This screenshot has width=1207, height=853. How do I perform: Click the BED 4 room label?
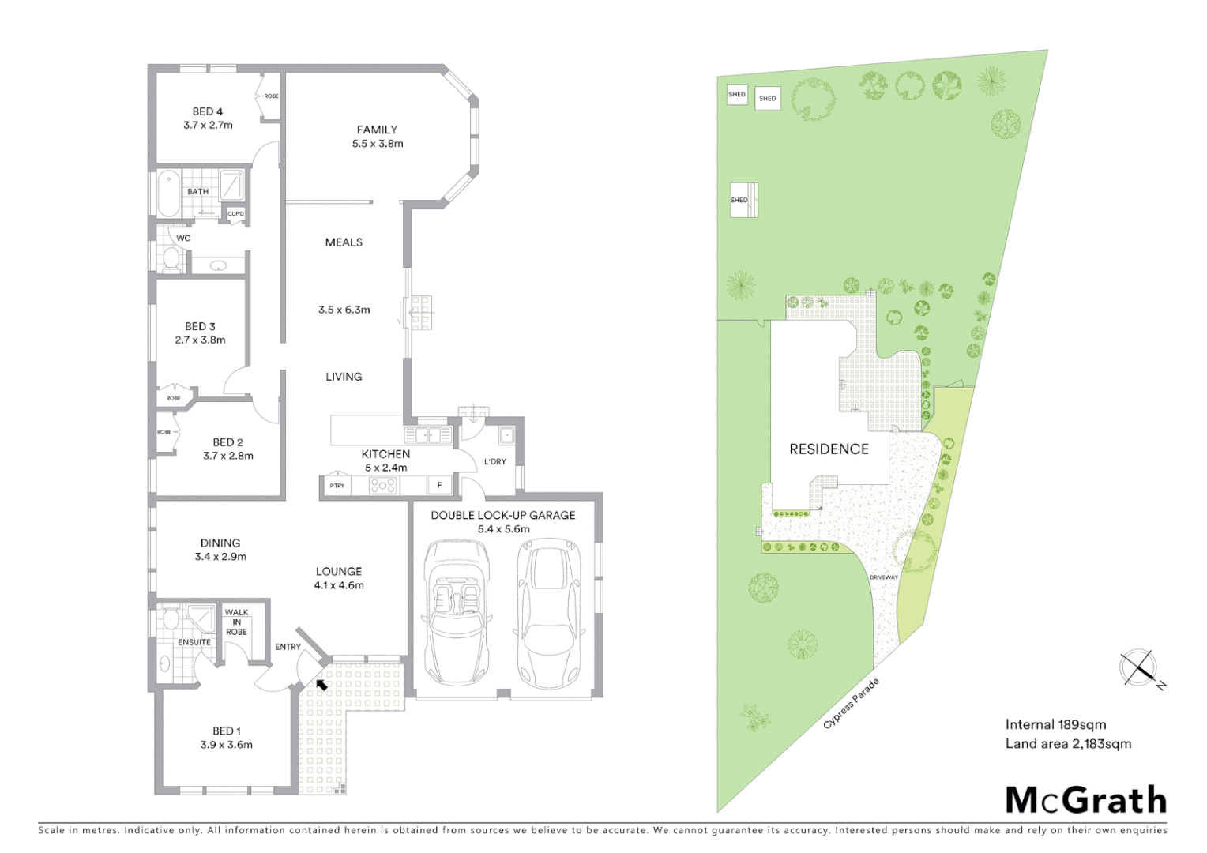(x=208, y=111)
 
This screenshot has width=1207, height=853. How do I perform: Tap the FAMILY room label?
(x=377, y=130)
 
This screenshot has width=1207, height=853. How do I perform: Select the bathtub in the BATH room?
(x=169, y=195)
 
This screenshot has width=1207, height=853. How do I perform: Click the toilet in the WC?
(x=170, y=258)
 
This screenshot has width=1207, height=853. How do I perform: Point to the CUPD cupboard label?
(x=235, y=214)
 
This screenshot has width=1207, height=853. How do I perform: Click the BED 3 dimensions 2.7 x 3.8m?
(x=200, y=340)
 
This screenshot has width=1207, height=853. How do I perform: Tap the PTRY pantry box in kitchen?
(x=337, y=486)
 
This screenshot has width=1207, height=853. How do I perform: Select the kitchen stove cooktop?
(x=383, y=486)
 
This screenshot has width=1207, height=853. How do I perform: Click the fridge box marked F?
(x=439, y=486)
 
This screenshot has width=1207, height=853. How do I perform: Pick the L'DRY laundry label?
(x=495, y=461)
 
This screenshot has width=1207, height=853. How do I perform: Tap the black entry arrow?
(x=321, y=684)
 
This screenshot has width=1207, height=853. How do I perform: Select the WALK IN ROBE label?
(x=236, y=622)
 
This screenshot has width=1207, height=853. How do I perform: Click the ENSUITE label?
(x=194, y=642)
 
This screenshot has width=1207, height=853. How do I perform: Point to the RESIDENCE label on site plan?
(x=829, y=449)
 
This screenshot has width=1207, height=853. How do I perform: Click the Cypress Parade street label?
(x=851, y=703)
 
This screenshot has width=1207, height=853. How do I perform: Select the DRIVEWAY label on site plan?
(x=884, y=577)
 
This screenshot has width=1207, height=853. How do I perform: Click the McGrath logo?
(x=1085, y=800)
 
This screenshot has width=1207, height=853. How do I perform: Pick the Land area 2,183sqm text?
(x=1068, y=743)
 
